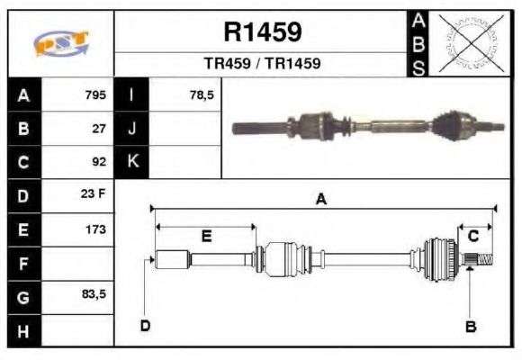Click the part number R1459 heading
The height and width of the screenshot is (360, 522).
[262, 33]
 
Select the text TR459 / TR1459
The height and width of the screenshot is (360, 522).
[262, 65]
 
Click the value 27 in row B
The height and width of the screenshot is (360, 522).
[100, 128]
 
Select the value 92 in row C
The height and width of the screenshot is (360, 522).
[99, 162]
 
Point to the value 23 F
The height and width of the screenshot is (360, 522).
[94, 194]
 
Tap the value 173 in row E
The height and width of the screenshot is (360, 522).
[96, 229]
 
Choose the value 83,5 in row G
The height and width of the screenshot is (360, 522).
[94, 294]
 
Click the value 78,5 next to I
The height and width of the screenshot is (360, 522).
[202, 94]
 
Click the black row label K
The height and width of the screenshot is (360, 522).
[132, 162]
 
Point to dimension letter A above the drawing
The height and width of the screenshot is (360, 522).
[320, 200]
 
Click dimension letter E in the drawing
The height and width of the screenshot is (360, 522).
[206, 236]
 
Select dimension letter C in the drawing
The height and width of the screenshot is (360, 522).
[472, 236]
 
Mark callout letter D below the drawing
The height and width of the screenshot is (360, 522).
[145, 325]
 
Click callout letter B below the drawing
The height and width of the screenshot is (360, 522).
[470, 327]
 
